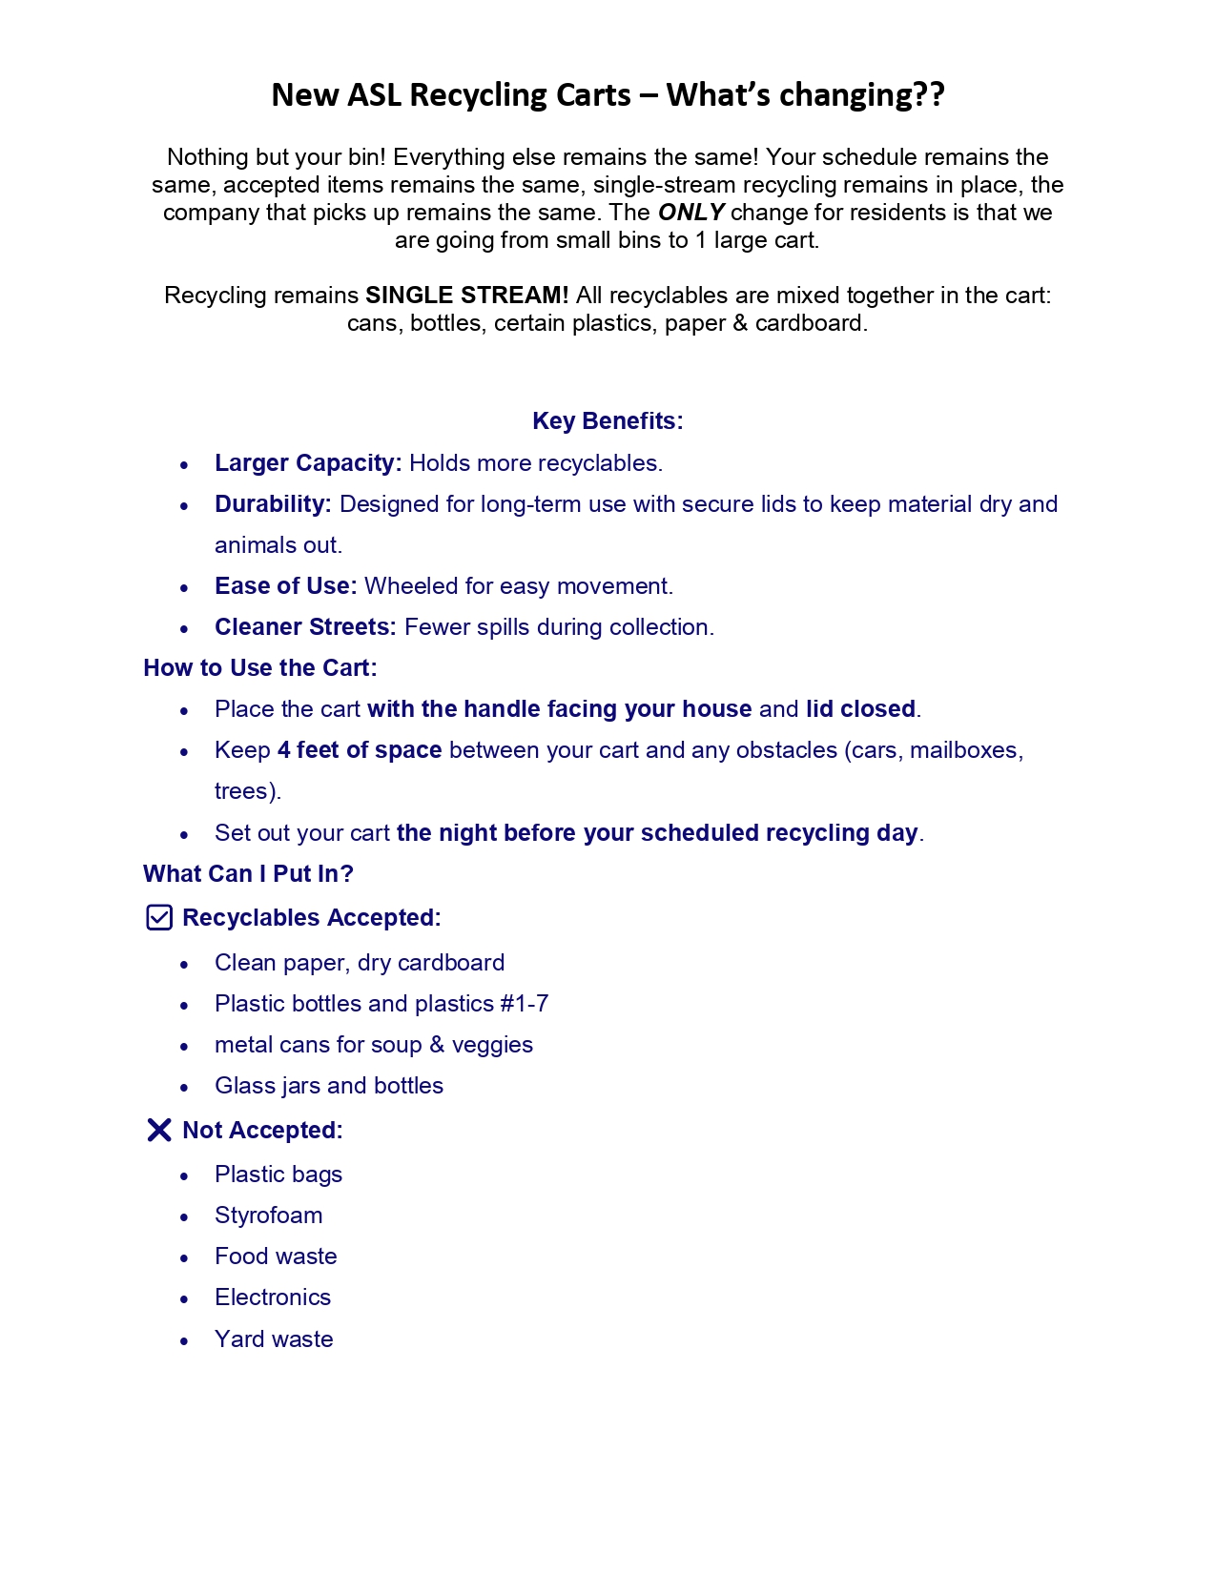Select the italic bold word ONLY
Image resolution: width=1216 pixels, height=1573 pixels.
pos(691,213)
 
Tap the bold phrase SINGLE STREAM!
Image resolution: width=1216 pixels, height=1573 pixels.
pos(466,296)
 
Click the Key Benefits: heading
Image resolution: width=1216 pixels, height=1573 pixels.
pos(608,421)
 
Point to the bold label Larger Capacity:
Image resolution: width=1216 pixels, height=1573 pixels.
pos(308,463)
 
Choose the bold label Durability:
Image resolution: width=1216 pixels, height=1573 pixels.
pos(273,504)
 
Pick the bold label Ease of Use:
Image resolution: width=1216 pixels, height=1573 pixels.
pos(285,586)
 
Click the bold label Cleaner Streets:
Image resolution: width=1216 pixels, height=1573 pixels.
pos(305,627)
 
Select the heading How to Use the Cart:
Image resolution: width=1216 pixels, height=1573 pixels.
pos(260,668)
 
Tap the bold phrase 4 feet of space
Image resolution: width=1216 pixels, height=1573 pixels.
pos(360,750)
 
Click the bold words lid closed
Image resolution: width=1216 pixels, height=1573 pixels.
pos(860,709)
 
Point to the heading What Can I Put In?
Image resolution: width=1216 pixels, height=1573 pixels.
pos(248,874)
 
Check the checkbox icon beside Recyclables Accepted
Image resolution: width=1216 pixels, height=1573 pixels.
pos(159,917)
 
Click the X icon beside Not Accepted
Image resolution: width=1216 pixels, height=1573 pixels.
pos(159,1130)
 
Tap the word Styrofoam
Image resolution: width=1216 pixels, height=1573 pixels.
pos(269,1215)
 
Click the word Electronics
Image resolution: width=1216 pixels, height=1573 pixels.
pos(273,1297)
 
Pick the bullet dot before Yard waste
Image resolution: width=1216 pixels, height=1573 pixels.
pos(185,1340)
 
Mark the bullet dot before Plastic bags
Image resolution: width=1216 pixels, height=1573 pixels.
pos(185,1175)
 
